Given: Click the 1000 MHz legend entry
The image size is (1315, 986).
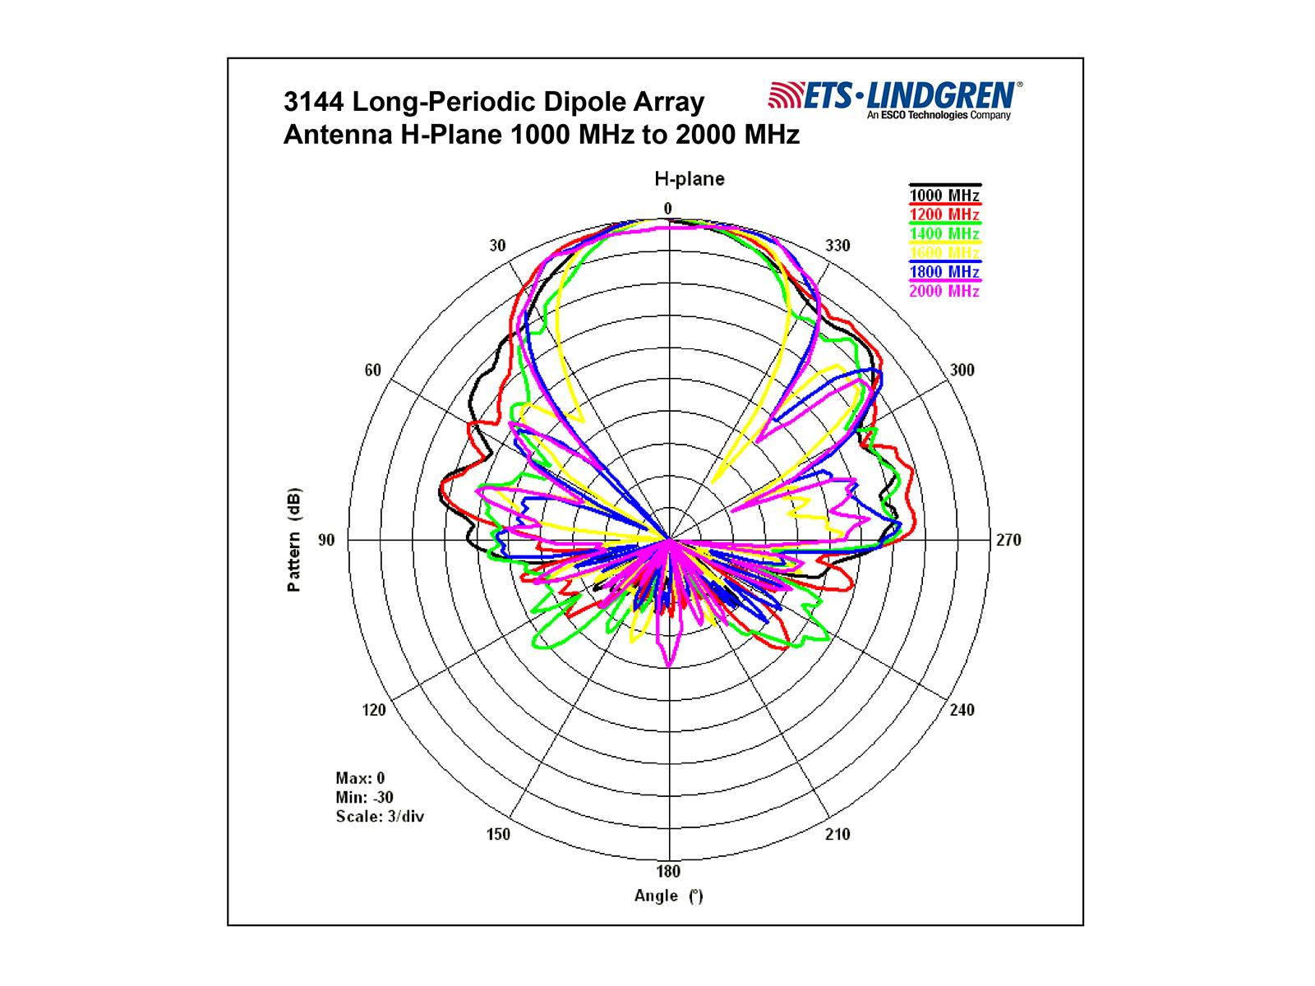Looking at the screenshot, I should [944, 196].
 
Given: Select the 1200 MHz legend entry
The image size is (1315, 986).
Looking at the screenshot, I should [944, 214].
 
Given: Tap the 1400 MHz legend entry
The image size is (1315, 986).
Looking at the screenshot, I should [944, 233].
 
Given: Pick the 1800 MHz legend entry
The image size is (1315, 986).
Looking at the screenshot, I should [944, 272].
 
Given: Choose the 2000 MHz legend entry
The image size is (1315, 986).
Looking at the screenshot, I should [944, 291].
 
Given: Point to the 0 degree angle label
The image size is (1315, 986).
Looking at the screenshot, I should [668, 209].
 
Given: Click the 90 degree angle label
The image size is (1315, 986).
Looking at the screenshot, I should [327, 540].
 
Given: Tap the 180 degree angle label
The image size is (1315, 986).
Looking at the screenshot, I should [668, 872].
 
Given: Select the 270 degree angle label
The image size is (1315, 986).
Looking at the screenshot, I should [1008, 540].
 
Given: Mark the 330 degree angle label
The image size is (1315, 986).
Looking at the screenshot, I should [837, 246].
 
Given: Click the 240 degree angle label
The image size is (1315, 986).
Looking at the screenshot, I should [962, 710].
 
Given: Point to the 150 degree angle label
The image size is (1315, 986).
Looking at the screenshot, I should [498, 835].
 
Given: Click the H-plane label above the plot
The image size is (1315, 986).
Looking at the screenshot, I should [689, 179].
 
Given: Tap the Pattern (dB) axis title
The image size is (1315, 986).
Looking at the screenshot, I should [293, 540].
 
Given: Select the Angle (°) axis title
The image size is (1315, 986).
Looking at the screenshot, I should [668, 896].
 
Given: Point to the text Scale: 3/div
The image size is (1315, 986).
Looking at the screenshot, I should [380, 817].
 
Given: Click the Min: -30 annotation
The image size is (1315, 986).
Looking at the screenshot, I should [364, 797].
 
